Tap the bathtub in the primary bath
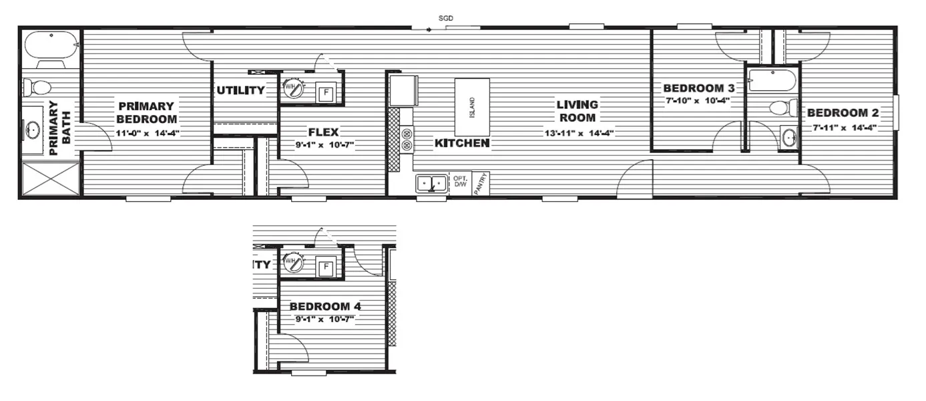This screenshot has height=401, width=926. tap(50, 46)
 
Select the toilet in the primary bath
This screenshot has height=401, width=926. tap(38, 88)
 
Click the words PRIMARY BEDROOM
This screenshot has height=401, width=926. tap(147, 112)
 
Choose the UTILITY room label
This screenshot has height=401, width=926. tap(240, 90)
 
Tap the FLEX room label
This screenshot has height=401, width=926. tap(323, 132)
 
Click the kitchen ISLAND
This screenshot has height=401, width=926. tap(472, 108)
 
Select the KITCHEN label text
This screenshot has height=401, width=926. tap(462, 143)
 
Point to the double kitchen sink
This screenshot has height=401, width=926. tap(432, 182)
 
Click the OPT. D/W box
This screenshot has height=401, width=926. tap(459, 182)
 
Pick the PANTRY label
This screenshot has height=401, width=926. tap(481, 183)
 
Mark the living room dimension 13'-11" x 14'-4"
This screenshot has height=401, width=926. tap(578, 133)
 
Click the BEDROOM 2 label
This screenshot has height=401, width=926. tap(843, 113)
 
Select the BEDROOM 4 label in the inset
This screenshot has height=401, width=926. tap(325, 306)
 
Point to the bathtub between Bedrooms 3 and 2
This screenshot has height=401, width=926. tap(772, 80)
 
